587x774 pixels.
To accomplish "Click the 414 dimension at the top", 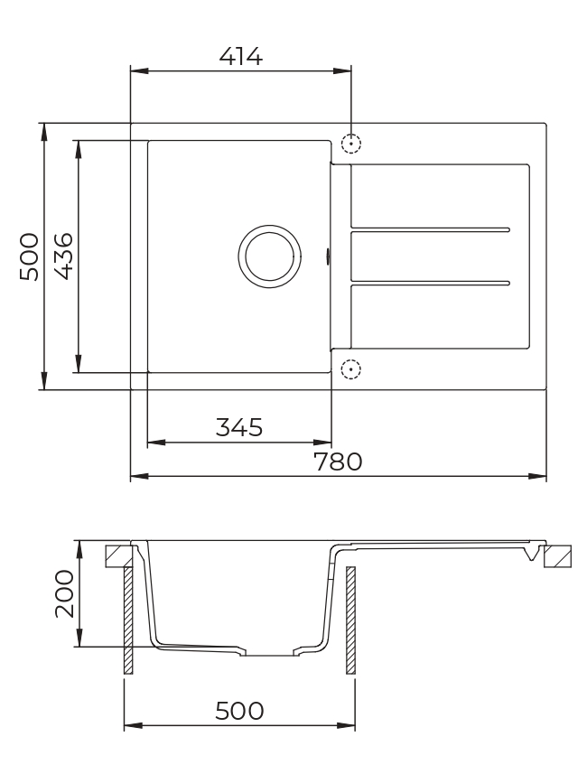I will (241, 56).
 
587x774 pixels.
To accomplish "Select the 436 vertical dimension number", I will (63, 256).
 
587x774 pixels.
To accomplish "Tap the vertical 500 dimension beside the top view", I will (29, 256).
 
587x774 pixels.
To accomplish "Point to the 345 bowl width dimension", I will (238, 426).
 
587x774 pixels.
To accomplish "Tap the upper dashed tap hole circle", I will (351, 144).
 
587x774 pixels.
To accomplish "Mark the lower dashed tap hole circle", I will (351, 368).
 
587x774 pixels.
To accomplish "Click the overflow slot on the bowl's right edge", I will (329, 256).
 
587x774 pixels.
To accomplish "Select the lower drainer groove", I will (430, 283).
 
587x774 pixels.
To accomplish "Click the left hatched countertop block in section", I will (117, 555).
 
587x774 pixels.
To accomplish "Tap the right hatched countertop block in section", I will (559, 555).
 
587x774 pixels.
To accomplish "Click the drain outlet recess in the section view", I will (268, 653).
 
